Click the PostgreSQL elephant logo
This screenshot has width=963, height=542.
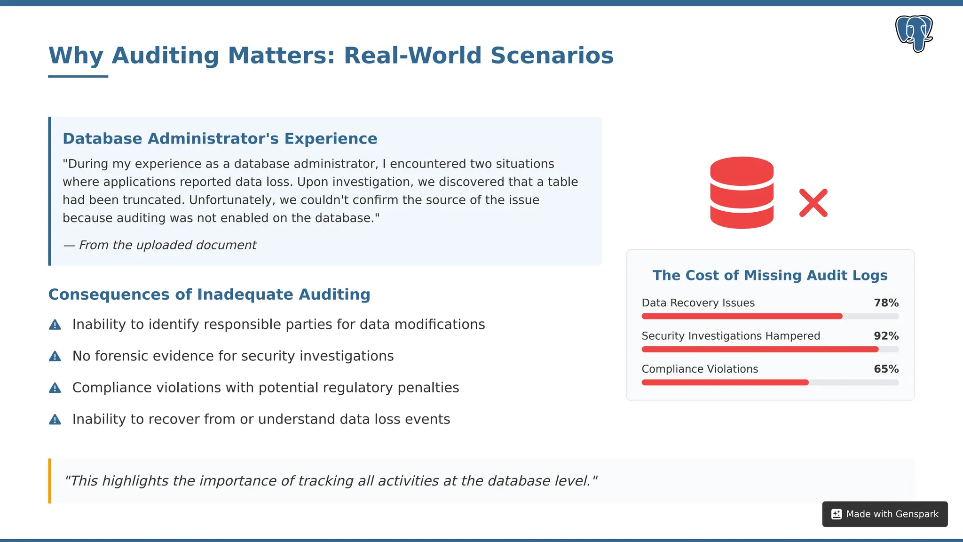click(x=914, y=33)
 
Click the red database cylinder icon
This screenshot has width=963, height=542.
click(x=742, y=192)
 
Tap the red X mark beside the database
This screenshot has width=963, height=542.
click(x=813, y=203)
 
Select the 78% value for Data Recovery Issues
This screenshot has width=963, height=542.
click(x=886, y=303)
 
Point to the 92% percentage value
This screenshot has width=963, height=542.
click(x=886, y=336)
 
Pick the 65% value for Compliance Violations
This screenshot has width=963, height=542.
click(x=886, y=369)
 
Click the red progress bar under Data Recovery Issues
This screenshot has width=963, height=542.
click(x=742, y=316)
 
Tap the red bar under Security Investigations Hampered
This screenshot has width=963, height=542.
click(x=759, y=350)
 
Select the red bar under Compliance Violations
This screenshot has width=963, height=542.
click(x=725, y=383)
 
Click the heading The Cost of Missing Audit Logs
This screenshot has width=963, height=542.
click(x=770, y=275)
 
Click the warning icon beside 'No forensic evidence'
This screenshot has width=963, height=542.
click(x=55, y=356)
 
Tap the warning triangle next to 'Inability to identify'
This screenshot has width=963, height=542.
click(x=55, y=325)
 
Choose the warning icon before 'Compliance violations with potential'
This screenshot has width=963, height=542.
click(x=55, y=388)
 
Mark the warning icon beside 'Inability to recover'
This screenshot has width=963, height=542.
click(x=55, y=419)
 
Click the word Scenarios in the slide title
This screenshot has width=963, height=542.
click(x=552, y=56)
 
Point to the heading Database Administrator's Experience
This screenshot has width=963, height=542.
click(x=220, y=139)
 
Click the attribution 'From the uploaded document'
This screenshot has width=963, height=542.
click(x=167, y=245)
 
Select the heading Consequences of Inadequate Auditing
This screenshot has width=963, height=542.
click(x=209, y=295)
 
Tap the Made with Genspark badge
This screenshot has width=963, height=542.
click(x=884, y=514)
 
